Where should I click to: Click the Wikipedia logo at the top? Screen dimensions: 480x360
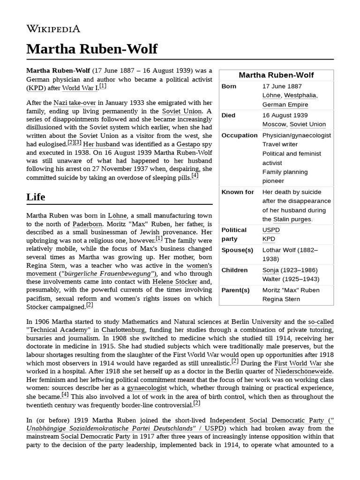[x=53, y=29]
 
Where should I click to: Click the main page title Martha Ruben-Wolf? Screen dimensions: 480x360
[x=92, y=49]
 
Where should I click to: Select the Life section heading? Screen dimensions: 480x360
[x=36, y=197]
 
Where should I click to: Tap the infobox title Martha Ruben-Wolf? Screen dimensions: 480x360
[x=276, y=75]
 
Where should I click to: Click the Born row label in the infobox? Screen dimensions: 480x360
[x=229, y=87]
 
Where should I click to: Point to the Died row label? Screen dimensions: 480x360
[x=228, y=115]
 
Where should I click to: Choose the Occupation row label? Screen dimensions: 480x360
[x=239, y=135]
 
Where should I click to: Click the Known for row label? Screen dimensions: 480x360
[x=238, y=192]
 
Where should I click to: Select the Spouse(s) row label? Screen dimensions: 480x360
[x=237, y=250]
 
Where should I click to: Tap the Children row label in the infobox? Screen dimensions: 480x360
[x=234, y=270]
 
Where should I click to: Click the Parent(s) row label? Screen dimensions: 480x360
[x=235, y=290]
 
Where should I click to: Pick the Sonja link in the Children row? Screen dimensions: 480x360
[x=270, y=270]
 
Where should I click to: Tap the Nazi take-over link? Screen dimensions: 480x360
[x=74, y=103]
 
